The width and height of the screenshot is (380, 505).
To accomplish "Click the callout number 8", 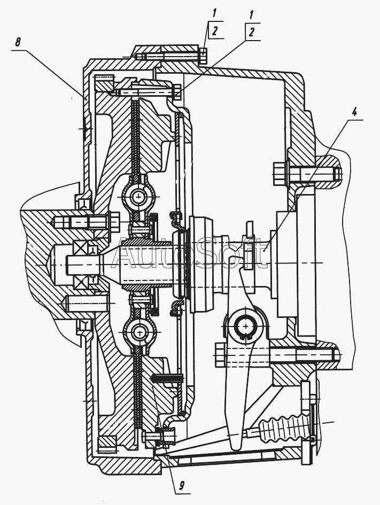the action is coord(18,43).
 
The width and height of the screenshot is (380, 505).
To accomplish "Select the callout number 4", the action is coord(354,112).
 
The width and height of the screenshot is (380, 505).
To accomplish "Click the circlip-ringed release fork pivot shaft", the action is coord(246,326).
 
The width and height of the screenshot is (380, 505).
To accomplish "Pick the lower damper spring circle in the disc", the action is coord(141,331).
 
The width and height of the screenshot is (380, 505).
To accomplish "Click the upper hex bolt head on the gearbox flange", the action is coord(278,174).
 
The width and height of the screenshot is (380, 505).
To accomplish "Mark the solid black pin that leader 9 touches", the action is coord(167,377).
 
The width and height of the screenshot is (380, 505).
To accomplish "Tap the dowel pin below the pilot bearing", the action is coord(86,304).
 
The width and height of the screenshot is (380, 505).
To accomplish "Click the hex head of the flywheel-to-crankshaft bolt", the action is coord(113,222).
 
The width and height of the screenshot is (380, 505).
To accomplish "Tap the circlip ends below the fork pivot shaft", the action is coord(244,338).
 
